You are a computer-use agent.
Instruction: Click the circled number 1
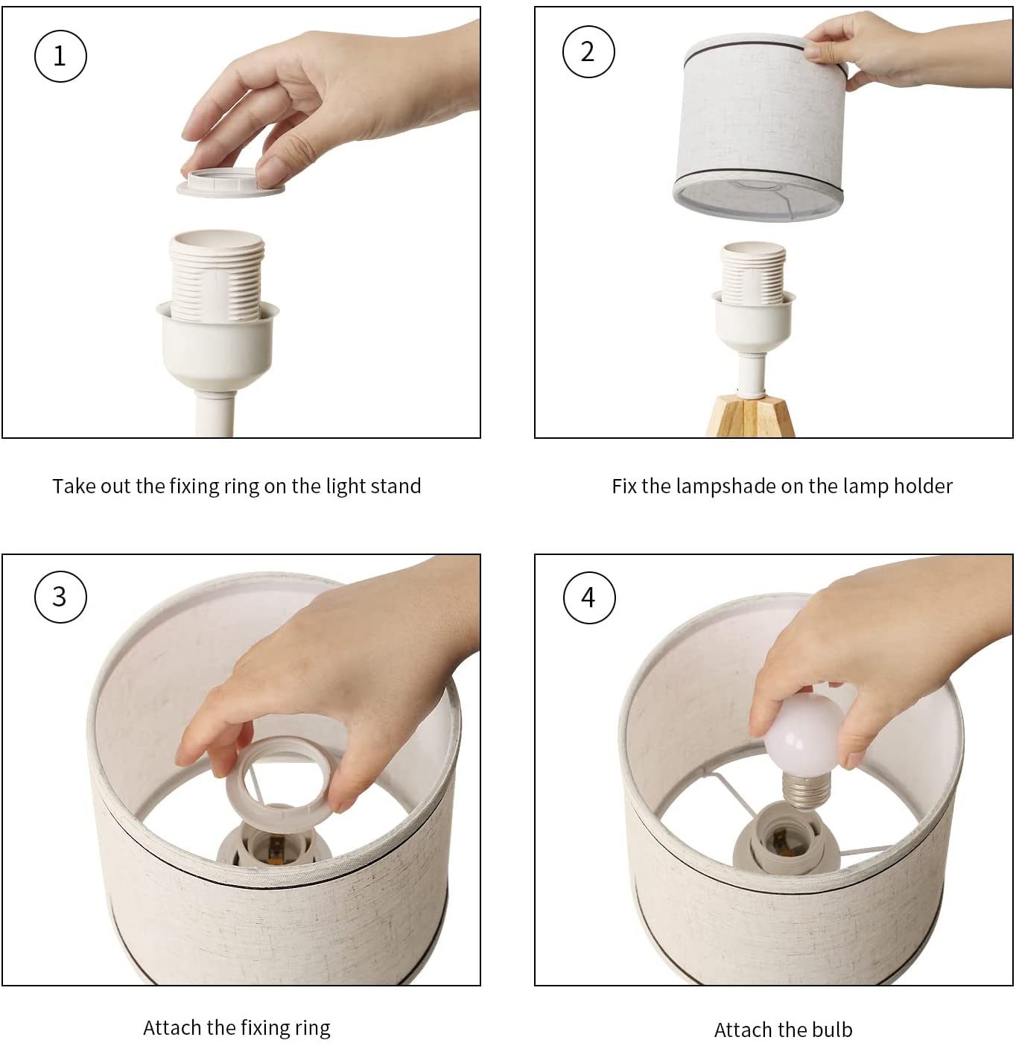pyautogui.click(x=60, y=56)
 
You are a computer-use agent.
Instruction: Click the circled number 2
pyautogui.click(x=588, y=51)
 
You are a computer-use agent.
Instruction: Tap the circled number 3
pyautogui.click(x=60, y=597)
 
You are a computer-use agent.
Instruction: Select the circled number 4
pyautogui.click(x=589, y=598)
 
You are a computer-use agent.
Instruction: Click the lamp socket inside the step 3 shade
pyautogui.click(x=271, y=844)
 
